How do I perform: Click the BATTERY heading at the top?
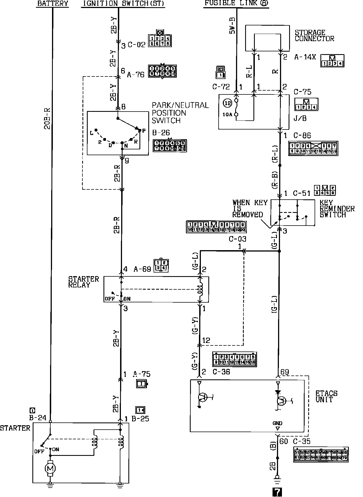click(53, 4)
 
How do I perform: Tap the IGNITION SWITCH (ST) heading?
click(123, 4)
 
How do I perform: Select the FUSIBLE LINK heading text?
click(236, 3)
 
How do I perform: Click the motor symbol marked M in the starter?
click(50, 468)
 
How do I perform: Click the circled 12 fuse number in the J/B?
click(228, 104)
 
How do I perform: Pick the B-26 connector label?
click(161, 133)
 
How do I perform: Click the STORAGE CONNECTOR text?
click(314, 36)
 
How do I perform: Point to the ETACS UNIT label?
click(326, 396)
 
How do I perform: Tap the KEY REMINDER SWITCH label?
click(337, 208)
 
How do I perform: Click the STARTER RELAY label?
click(83, 282)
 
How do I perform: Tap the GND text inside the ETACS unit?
click(277, 423)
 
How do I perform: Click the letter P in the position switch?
click(144, 130)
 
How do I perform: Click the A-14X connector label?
click(305, 57)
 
